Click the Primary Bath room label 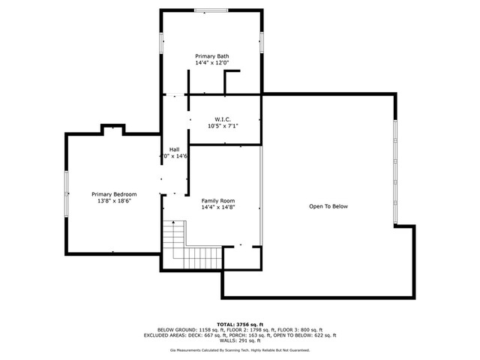click(212, 56)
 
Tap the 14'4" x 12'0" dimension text click(212, 63)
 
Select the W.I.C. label click(223, 119)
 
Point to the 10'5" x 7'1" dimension click(223, 126)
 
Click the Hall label click(174, 149)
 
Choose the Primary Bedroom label click(114, 194)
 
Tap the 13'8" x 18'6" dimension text click(114, 201)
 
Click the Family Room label click(218, 200)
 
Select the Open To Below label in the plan click(328, 206)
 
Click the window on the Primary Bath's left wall click(160, 42)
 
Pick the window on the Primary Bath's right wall click(262, 42)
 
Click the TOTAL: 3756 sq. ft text click(240, 323)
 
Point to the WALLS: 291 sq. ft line click(240, 341)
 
